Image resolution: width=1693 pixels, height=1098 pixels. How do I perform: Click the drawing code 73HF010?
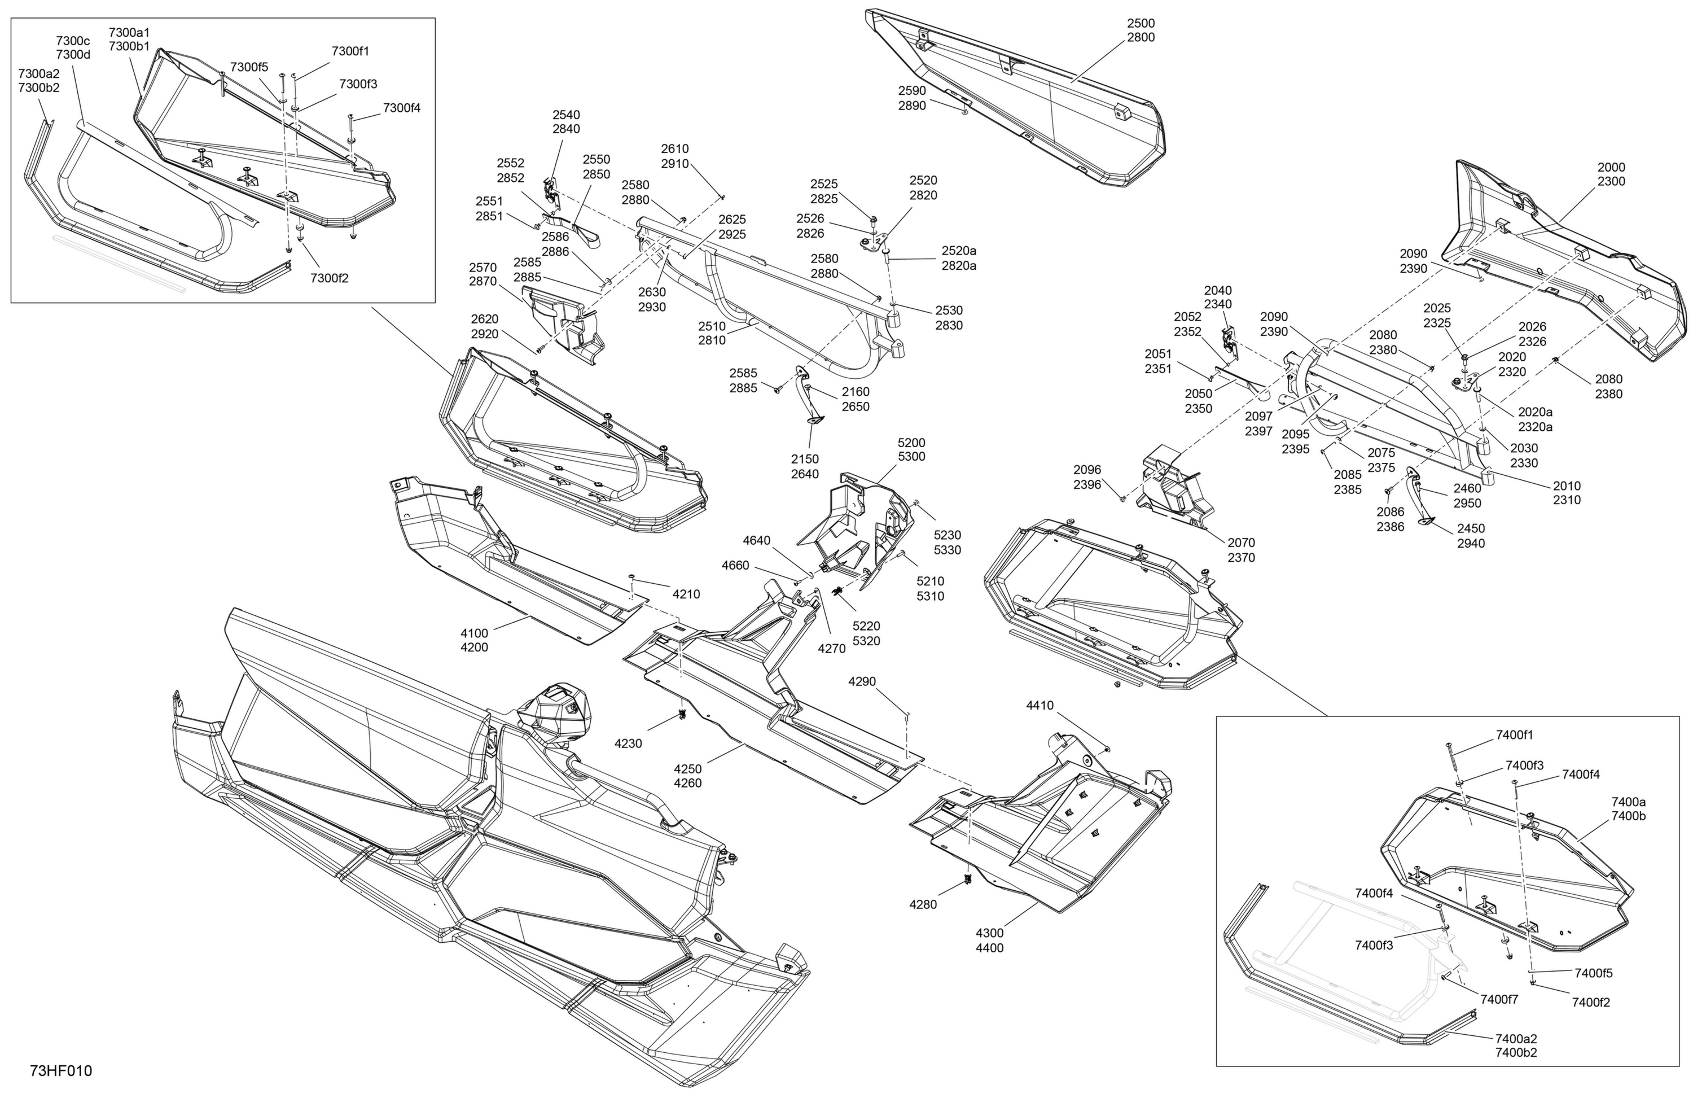point(61,1071)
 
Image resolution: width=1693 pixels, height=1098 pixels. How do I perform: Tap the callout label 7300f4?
point(402,108)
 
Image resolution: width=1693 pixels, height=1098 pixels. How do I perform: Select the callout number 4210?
point(686,594)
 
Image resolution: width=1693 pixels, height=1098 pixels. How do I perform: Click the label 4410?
point(1040,705)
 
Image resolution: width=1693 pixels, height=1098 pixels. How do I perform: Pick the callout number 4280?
point(923,904)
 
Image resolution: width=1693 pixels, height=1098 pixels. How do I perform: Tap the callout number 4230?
point(628,743)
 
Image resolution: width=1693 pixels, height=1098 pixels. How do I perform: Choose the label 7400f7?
point(1499,999)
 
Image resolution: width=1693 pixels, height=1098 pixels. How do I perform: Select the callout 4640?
point(756,540)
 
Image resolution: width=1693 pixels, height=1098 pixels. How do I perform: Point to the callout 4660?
point(735,565)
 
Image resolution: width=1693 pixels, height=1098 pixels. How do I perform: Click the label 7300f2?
point(330,278)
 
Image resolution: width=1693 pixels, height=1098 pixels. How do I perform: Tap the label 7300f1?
point(350,51)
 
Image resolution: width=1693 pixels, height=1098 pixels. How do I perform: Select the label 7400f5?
point(1594,973)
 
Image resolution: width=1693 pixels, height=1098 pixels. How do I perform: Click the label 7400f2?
point(1591,1002)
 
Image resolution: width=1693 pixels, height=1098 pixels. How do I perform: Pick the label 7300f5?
point(249,67)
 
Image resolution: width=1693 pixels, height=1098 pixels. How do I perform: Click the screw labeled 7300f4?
point(350,129)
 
